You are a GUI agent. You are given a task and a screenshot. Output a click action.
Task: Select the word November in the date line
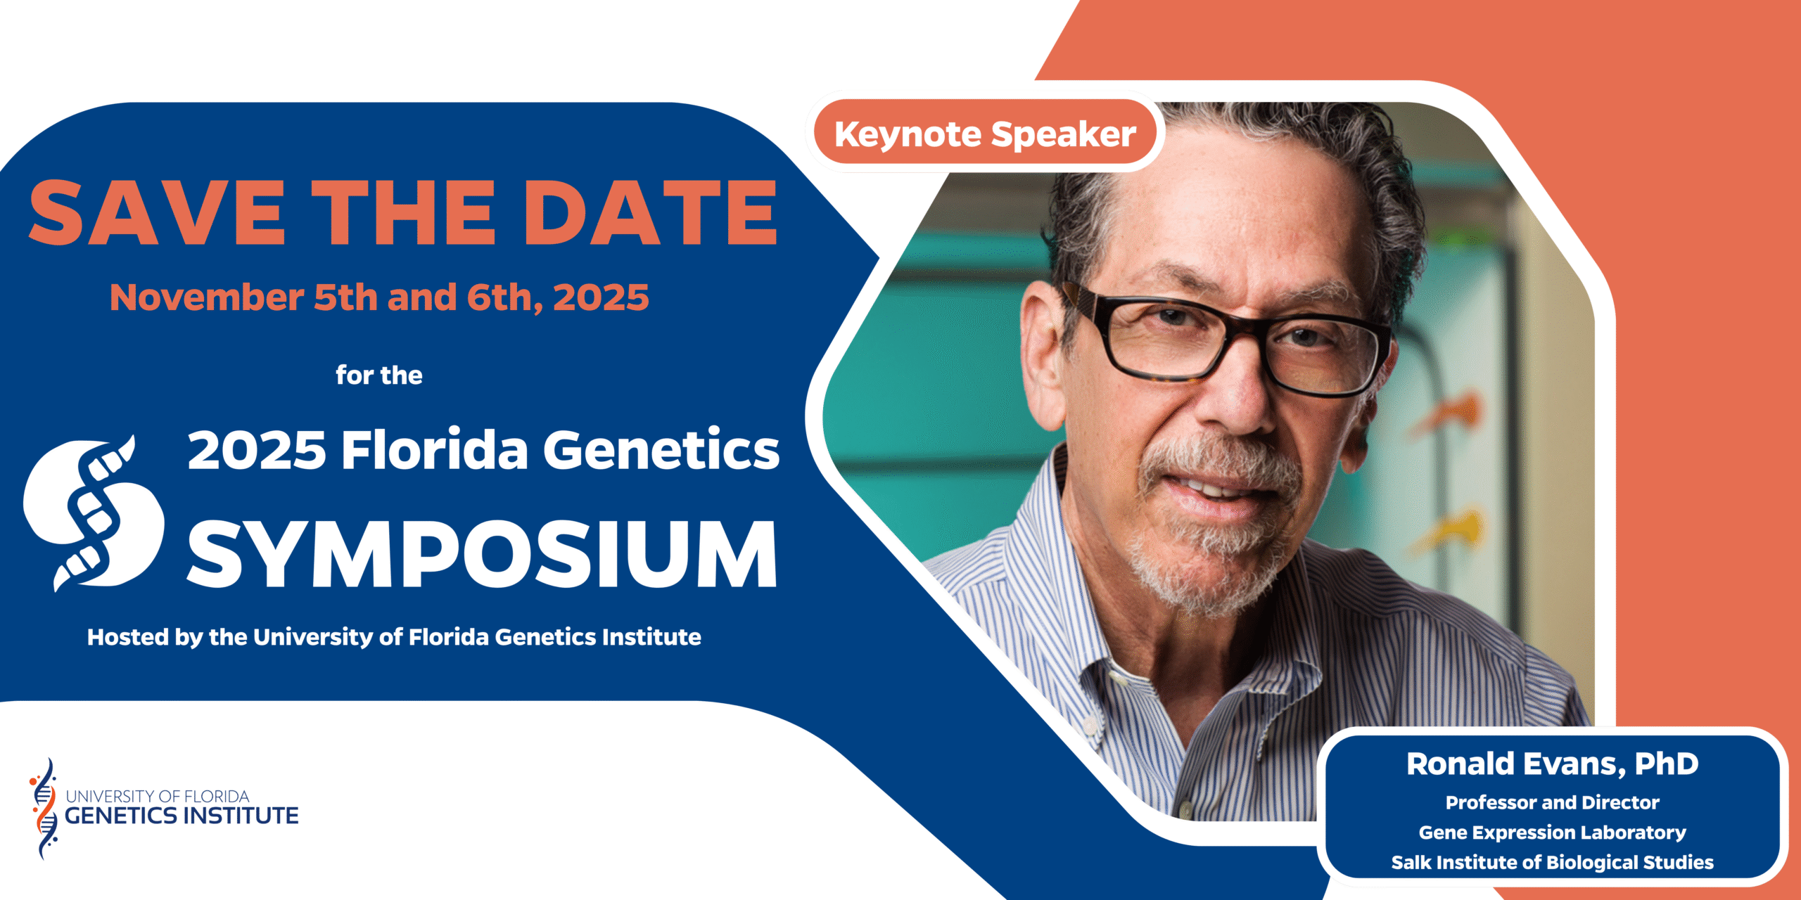207,297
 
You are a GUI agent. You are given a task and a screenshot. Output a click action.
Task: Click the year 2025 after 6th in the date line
601,297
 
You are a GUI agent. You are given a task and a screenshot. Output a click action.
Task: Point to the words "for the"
379,375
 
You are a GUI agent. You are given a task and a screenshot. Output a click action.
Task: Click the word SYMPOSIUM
483,554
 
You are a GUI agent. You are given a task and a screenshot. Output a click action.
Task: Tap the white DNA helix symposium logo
93,513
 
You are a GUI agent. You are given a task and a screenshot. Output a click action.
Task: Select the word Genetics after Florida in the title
661,450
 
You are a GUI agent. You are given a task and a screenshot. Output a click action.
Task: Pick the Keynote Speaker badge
985,134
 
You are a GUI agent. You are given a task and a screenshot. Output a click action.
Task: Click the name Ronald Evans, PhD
1552,764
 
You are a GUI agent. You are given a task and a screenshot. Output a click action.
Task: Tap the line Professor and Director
1552,802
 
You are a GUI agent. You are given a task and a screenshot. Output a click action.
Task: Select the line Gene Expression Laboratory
1552,832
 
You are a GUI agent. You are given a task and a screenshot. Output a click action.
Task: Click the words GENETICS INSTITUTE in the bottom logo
182,816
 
